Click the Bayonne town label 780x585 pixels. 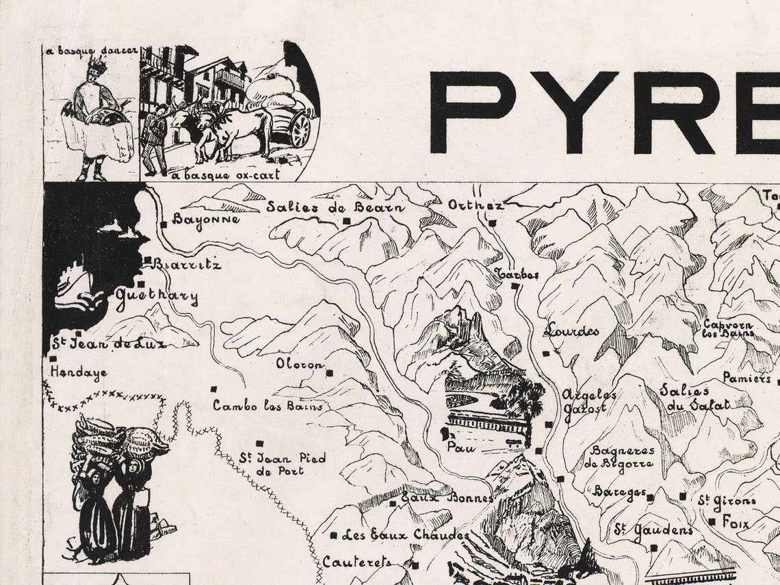tap(206, 220)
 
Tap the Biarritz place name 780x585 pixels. tap(187, 264)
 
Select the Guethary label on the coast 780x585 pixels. tap(157, 298)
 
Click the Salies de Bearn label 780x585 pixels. tap(335, 207)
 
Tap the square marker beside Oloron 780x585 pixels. tap(330, 374)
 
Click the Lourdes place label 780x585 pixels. tap(571, 330)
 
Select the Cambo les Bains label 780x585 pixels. tap(267, 406)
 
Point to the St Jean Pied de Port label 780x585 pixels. tap(282, 464)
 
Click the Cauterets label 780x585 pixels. tap(357, 562)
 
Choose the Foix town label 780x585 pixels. tap(736, 524)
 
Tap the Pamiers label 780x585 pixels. tap(746, 378)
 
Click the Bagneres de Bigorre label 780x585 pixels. tap(622, 456)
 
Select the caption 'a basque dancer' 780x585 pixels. tap(91, 51)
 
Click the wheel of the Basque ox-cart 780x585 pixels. tap(300, 129)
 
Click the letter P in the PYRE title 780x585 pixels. tap(473, 112)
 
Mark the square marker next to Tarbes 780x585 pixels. tap(515, 286)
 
